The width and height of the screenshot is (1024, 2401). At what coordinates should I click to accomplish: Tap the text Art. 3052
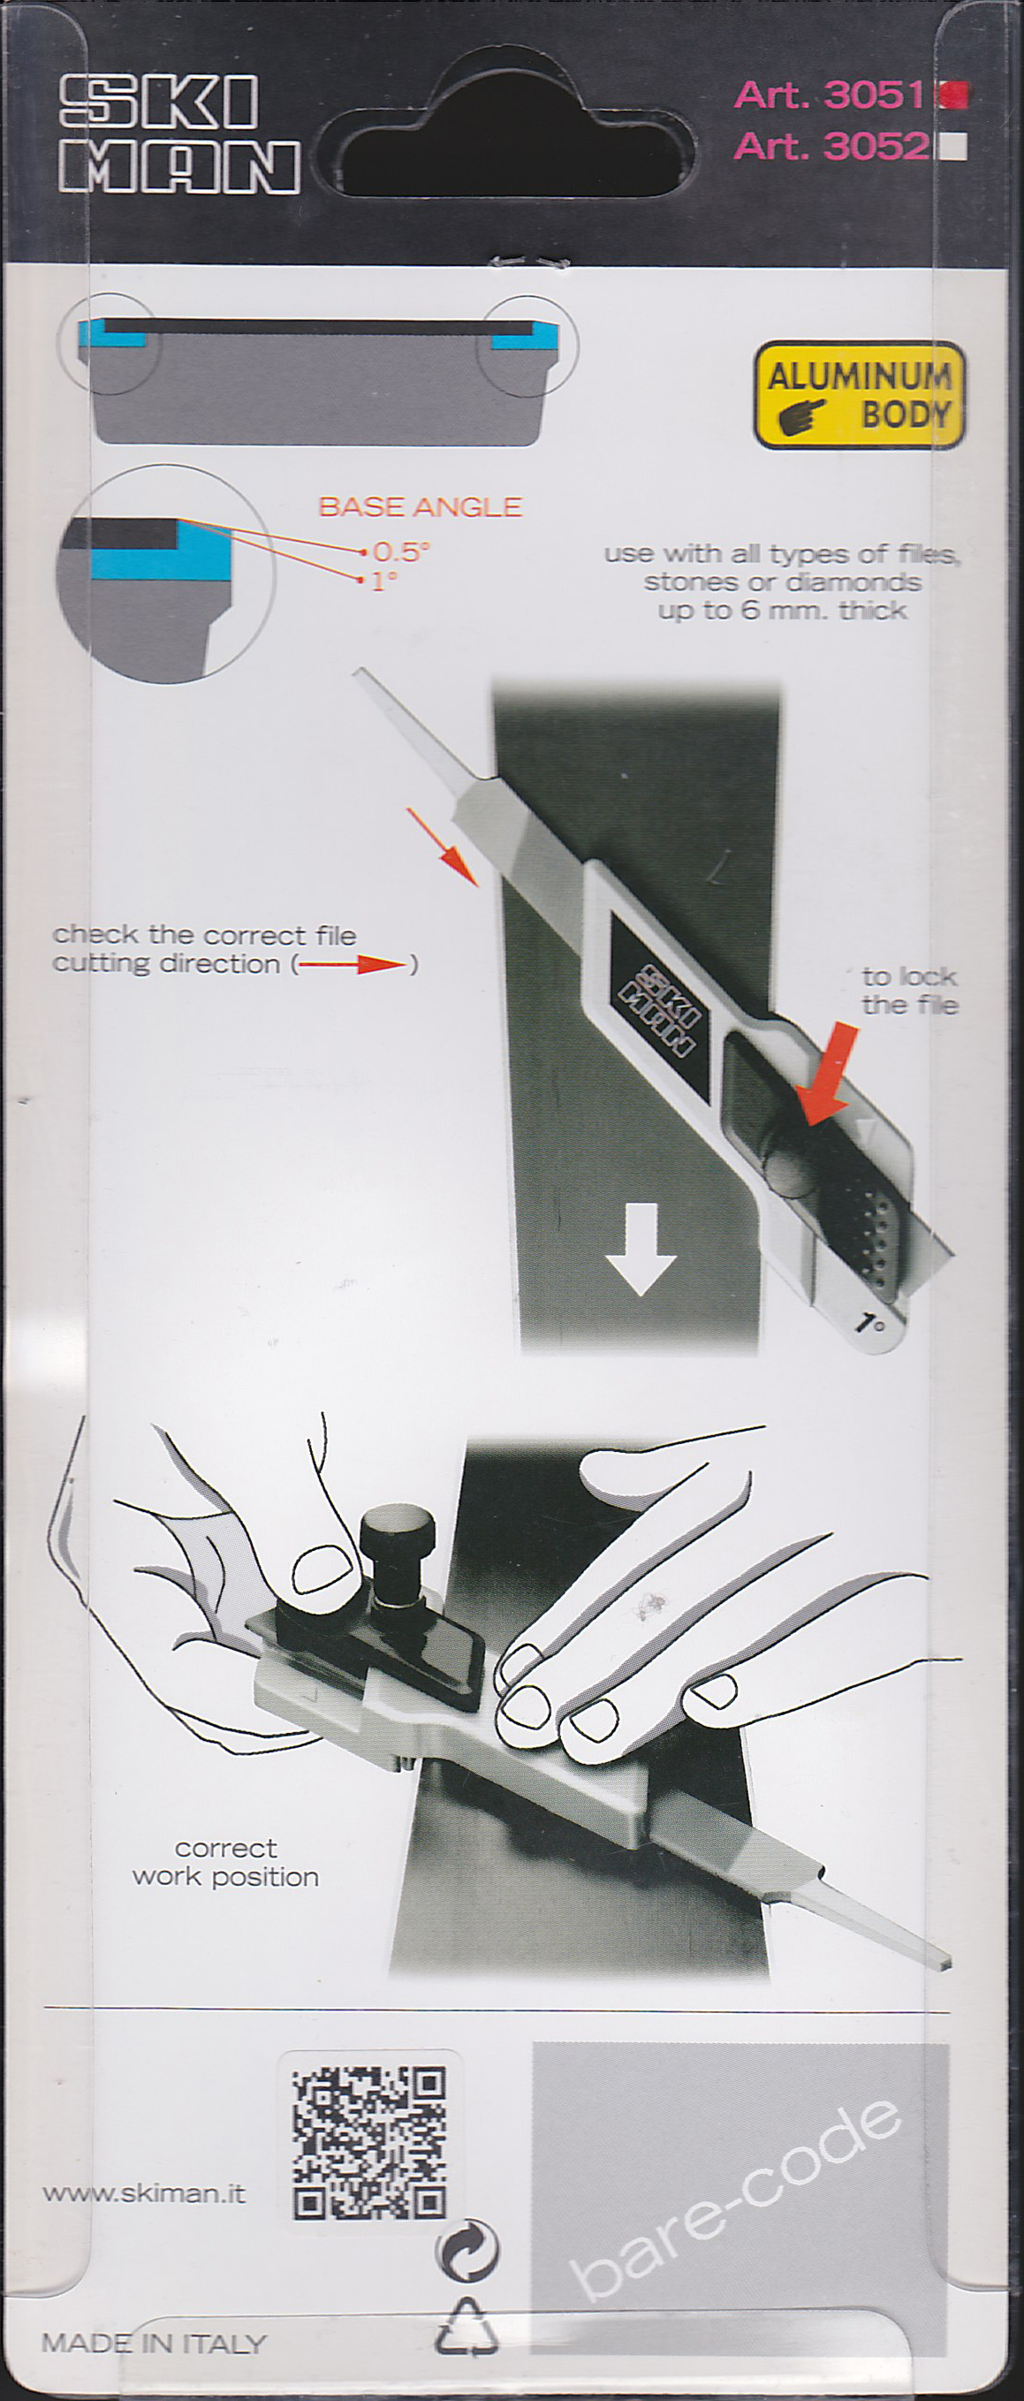click(x=831, y=146)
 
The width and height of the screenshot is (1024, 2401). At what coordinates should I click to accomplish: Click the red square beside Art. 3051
click(x=954, y=95)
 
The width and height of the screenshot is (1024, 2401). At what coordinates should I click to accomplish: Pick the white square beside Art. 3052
click(x=954, y=148)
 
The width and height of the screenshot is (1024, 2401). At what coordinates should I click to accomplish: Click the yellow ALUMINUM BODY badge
click(x=859, y=395)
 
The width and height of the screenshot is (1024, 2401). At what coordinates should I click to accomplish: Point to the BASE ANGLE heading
click(x=421, y=507)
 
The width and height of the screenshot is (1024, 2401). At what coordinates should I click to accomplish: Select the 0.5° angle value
click(x=400, y=551)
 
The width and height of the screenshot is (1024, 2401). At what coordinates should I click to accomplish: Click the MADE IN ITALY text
click(x=155, y=2344)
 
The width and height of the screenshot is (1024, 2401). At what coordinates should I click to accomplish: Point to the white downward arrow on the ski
click(x=641, y=1249)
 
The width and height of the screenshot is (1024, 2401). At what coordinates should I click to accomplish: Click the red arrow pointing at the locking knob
click(x=830, y=1072)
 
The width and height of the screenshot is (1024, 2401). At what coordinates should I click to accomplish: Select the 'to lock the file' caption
click(x=909, y=991)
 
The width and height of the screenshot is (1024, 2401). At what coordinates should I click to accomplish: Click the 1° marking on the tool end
click(x=871, y=1323)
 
